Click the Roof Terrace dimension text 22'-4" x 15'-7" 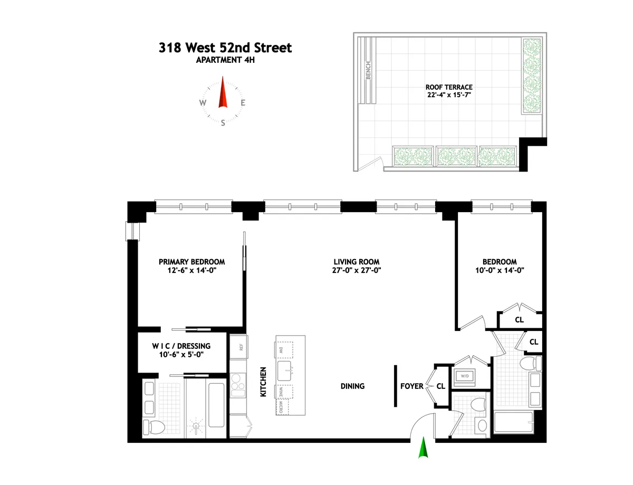click(x=449, y=96)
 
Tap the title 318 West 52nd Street click(x=225, y=48)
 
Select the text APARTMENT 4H click(x=225, y=60)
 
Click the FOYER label click(x=411, y=386)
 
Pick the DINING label click(x=352, y=386)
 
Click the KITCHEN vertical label click(x=263, y=382)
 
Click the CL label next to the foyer click(x=441, y=386)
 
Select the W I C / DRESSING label click(x=181, y=346)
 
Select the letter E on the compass click(x=243, y=103)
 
